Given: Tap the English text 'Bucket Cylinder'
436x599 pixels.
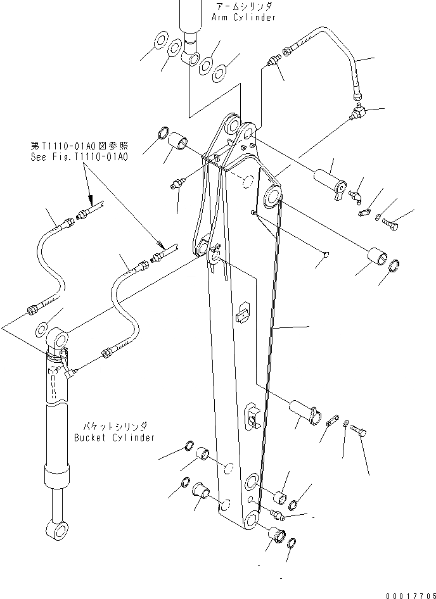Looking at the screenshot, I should click(x=114, y=438).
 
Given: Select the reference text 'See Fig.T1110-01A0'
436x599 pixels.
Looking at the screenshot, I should click(x=79, y=156).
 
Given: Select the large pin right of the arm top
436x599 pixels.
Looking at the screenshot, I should click(x=327, y=179).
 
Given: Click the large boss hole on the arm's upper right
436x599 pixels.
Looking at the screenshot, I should click(x=274, y=196).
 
